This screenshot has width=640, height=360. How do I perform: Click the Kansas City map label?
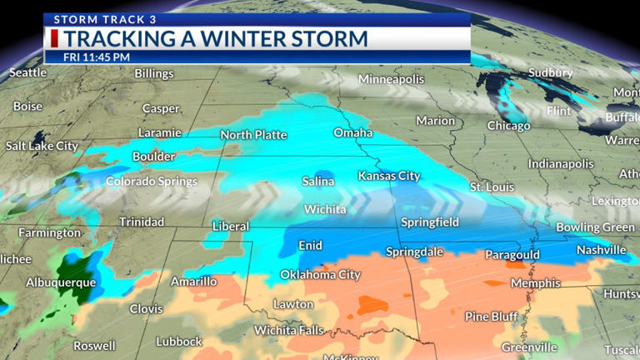tap(389, 176)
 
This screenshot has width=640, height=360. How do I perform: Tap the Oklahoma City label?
tap(320, 275)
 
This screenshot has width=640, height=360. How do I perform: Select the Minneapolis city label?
tap(397, 79)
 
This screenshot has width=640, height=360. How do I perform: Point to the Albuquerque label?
tap(61, 282)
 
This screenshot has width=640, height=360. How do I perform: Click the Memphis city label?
tap(535, 283)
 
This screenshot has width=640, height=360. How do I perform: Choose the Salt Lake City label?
tap(42, 146)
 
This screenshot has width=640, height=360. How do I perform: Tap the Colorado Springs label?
tap(152, 181)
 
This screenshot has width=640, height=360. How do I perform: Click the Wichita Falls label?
tap(288, 330)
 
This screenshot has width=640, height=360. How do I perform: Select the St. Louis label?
tap(492, 187)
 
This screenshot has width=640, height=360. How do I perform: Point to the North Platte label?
tap(253, 135)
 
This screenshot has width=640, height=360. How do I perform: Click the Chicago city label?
tap(508, 126)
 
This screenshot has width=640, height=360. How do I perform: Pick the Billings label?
tap(154, 73)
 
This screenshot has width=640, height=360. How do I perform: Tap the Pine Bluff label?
tap(492, 317)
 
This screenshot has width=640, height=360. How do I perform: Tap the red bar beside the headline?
tap(55, 38)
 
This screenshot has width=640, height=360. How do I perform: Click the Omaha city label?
tap(353, 132)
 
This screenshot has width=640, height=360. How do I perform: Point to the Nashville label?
tap(601, 250)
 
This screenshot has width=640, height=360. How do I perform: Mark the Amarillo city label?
tap(193, 282)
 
